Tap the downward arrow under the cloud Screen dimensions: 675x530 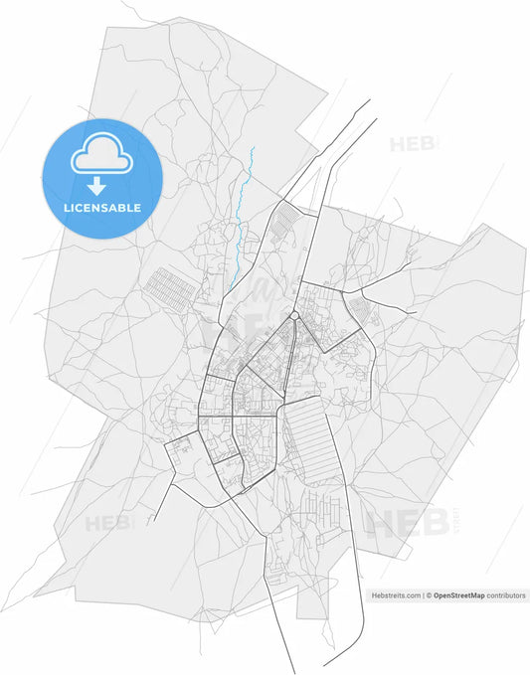[x=98, y=186]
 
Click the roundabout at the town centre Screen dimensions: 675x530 [x=295, y=316]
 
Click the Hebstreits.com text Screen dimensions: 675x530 [x=396, y=595]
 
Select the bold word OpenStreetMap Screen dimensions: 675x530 [x=458, y=595]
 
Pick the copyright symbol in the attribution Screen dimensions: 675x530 [x=429, y=595]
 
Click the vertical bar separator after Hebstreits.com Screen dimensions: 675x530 [x=423, y=595]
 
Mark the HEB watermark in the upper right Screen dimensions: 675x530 [x=412, y=143]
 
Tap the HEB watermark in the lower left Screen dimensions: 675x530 [x=107, y=523]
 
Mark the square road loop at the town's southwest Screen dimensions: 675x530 [x=183, y=457]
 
